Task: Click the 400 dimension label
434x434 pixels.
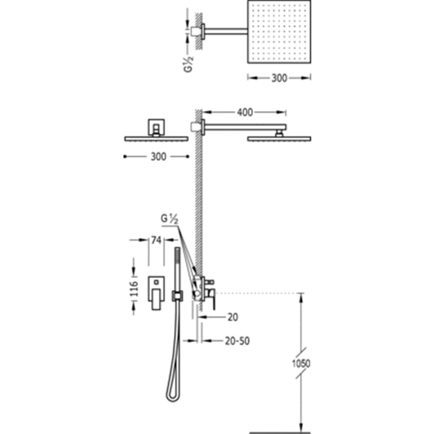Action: (x=245, y=112)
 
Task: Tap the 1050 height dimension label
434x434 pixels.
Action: (x=301, y=363)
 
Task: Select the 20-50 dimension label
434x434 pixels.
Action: (x=237, y=341)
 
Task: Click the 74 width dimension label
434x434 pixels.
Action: (x=156, y=240)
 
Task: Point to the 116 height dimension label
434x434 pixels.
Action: (x=134, y=289)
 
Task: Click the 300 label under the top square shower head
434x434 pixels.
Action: (x=279, y=78)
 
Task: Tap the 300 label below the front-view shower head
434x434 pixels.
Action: (x=158, y=157)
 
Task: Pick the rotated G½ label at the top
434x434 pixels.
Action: (x=189, y=64)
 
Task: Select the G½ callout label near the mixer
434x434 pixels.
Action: (x=169, y=219)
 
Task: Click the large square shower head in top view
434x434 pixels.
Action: (x=279, y=31)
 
